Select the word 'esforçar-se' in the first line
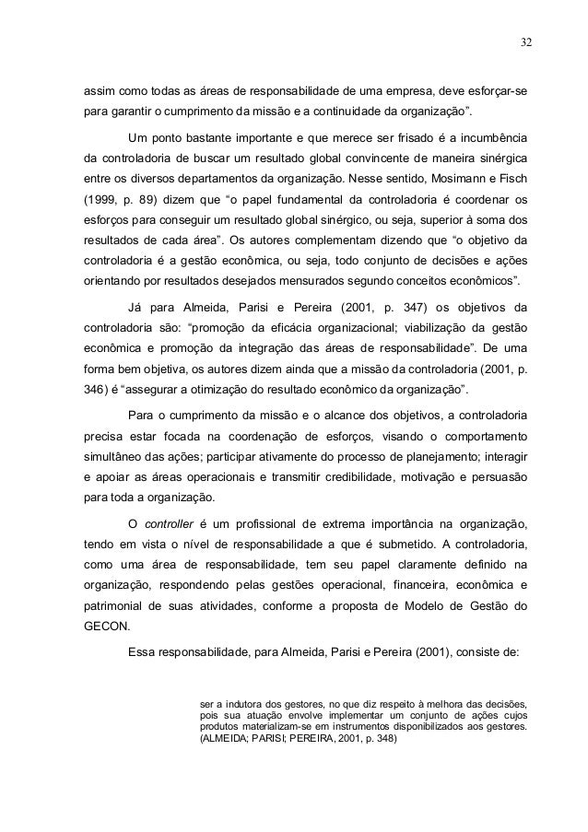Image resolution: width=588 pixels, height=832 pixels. [500, 93]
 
